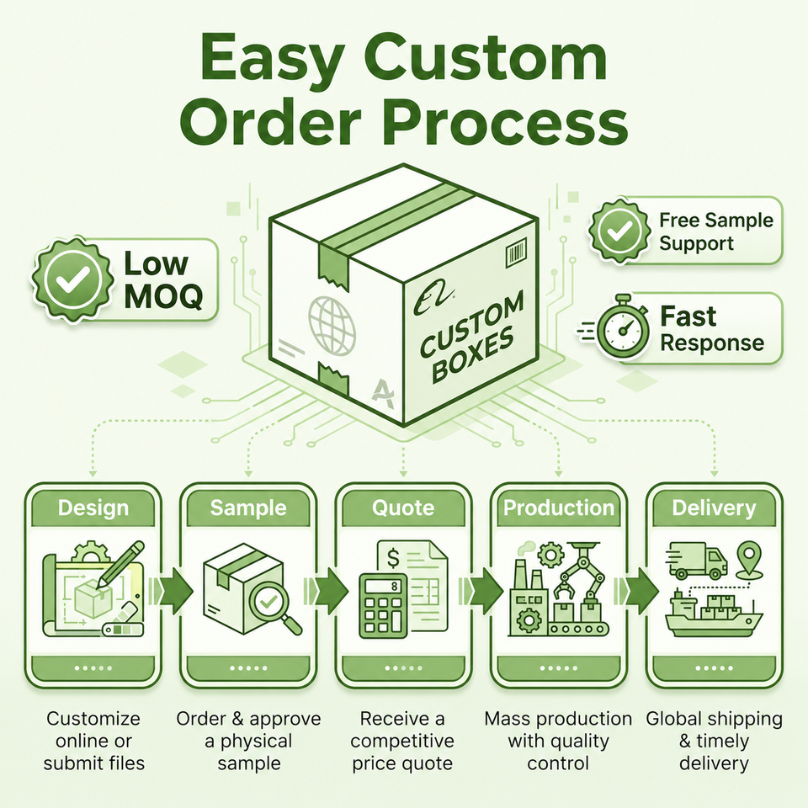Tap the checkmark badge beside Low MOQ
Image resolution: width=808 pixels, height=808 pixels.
[72, 279]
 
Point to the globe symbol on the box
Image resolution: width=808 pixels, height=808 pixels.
[332, 325]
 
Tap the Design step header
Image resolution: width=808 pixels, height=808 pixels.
[93, 507]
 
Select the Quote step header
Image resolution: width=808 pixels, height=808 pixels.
[403, 507]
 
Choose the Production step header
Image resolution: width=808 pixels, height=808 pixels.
[559, 507]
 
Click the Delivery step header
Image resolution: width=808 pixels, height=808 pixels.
[714, 507]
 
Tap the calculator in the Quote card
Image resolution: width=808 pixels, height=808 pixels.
[383, 605]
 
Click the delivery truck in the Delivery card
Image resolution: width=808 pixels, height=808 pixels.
[696, 560]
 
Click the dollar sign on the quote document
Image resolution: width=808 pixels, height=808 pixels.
[394, 558]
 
